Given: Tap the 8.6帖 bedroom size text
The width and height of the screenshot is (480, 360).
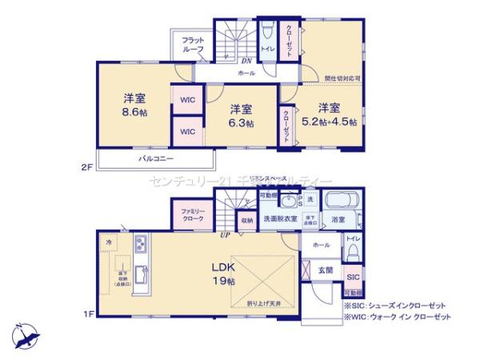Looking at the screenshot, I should (134, 113).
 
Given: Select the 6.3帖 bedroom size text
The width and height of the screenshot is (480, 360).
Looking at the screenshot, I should (241, 123).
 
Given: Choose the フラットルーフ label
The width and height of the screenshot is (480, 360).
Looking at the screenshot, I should (193, 45).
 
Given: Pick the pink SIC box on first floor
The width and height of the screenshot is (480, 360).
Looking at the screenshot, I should (353, 275).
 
